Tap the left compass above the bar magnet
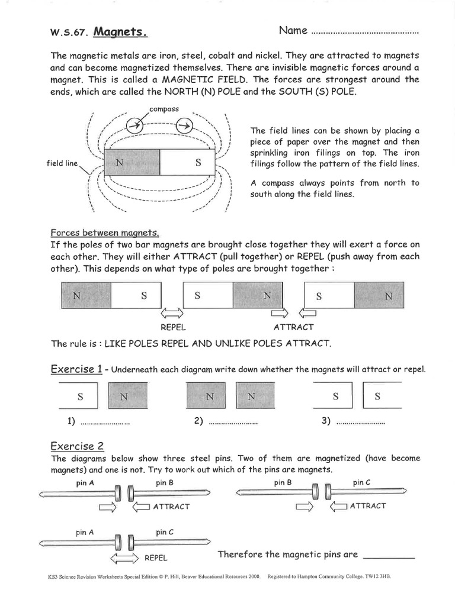coord(135,125)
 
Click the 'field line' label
coord(62,163)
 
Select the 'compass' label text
coord(163,109)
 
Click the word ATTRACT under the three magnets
coord(293,327)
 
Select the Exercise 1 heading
coord(76,369)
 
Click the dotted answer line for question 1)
coord(104,423)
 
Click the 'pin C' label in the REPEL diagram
coord(165,532)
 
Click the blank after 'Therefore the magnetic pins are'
coord(388,556)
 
